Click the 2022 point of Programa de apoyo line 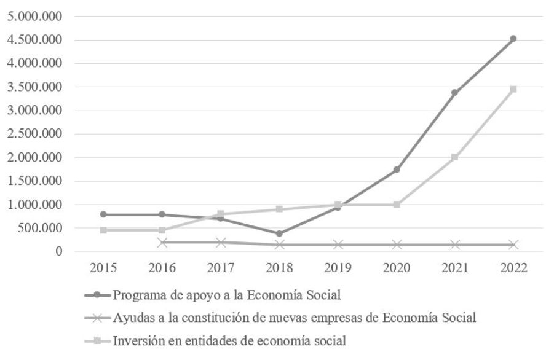tap(513, 39)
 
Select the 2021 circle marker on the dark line tap(454, 93)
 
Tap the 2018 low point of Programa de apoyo tap(279, 233)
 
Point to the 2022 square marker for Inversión tap(513, 89)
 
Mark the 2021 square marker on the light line tap(454, 157)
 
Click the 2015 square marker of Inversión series tap(103, 230)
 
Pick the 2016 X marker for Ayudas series tap(162, 243)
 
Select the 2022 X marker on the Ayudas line tap(513, 245)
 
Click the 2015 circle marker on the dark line tap(103, 214)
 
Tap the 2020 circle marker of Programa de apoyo tap(396, 170)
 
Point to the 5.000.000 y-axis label tap(35, 17)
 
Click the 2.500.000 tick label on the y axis tap(35, 134)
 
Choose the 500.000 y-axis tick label tap(40, 228)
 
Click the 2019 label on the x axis tap(338, 269)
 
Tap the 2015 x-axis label tap(103, 269)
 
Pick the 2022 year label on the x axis tap(513, 269)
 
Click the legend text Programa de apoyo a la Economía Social tap(226, 295)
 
